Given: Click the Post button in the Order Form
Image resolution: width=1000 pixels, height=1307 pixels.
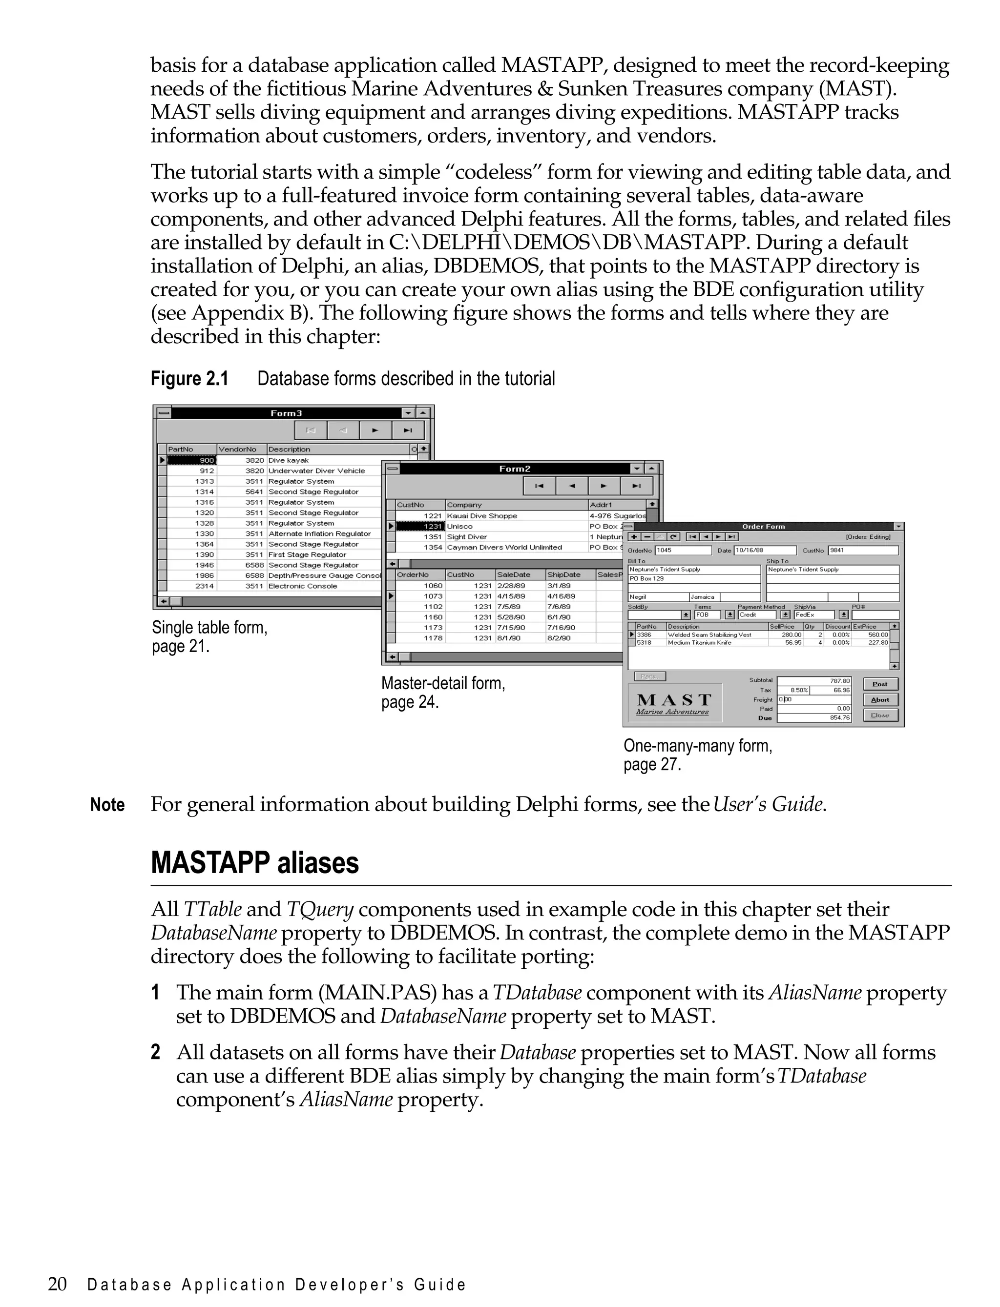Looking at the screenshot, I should (880, 684).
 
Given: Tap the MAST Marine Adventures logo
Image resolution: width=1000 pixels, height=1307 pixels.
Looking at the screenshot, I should (673, 703).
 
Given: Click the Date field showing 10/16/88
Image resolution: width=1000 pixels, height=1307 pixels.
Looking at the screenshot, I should (764, 551).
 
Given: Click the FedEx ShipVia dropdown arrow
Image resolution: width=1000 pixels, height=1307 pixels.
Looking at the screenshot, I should (843, 614).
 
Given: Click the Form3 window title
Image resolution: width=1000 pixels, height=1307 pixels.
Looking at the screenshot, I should (286, 413).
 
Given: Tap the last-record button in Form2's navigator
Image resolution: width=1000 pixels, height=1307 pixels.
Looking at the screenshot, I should (636, 486).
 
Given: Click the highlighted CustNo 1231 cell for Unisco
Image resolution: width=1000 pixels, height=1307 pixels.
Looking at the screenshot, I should (421, 527).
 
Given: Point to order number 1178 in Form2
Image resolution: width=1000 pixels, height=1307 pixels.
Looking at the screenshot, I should (433, 638).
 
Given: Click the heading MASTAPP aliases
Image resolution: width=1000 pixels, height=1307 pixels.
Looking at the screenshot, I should (255, 863).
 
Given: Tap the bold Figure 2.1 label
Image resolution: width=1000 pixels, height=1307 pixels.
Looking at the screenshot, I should (189, 378).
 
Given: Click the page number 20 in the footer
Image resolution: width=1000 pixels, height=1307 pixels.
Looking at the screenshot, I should (57, 1285).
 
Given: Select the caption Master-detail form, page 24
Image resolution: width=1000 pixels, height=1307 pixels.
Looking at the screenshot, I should (443, 693).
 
